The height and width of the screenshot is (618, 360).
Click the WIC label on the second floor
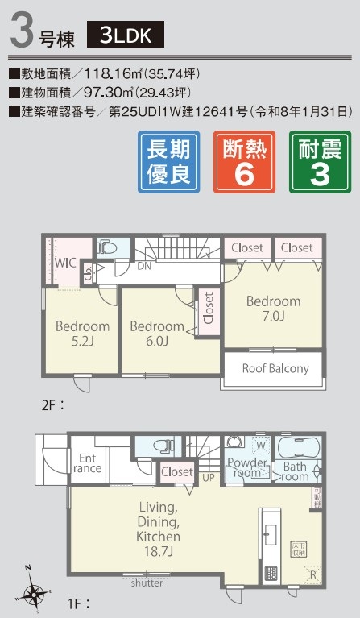(65, 262)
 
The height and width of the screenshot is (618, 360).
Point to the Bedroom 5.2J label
(81, 334)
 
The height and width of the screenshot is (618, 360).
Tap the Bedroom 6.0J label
(156, 334)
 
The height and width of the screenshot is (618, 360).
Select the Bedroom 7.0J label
(273, 308)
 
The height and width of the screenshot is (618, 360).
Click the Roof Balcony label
(275, 369)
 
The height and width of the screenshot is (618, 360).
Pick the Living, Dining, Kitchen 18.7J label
(158, 529)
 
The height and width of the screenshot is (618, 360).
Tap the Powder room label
(247, 467)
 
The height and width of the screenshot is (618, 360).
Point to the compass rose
(34, 594)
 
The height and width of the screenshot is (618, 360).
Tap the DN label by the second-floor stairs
(144, 264)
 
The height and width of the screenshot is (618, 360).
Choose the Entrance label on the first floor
(88, 463)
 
